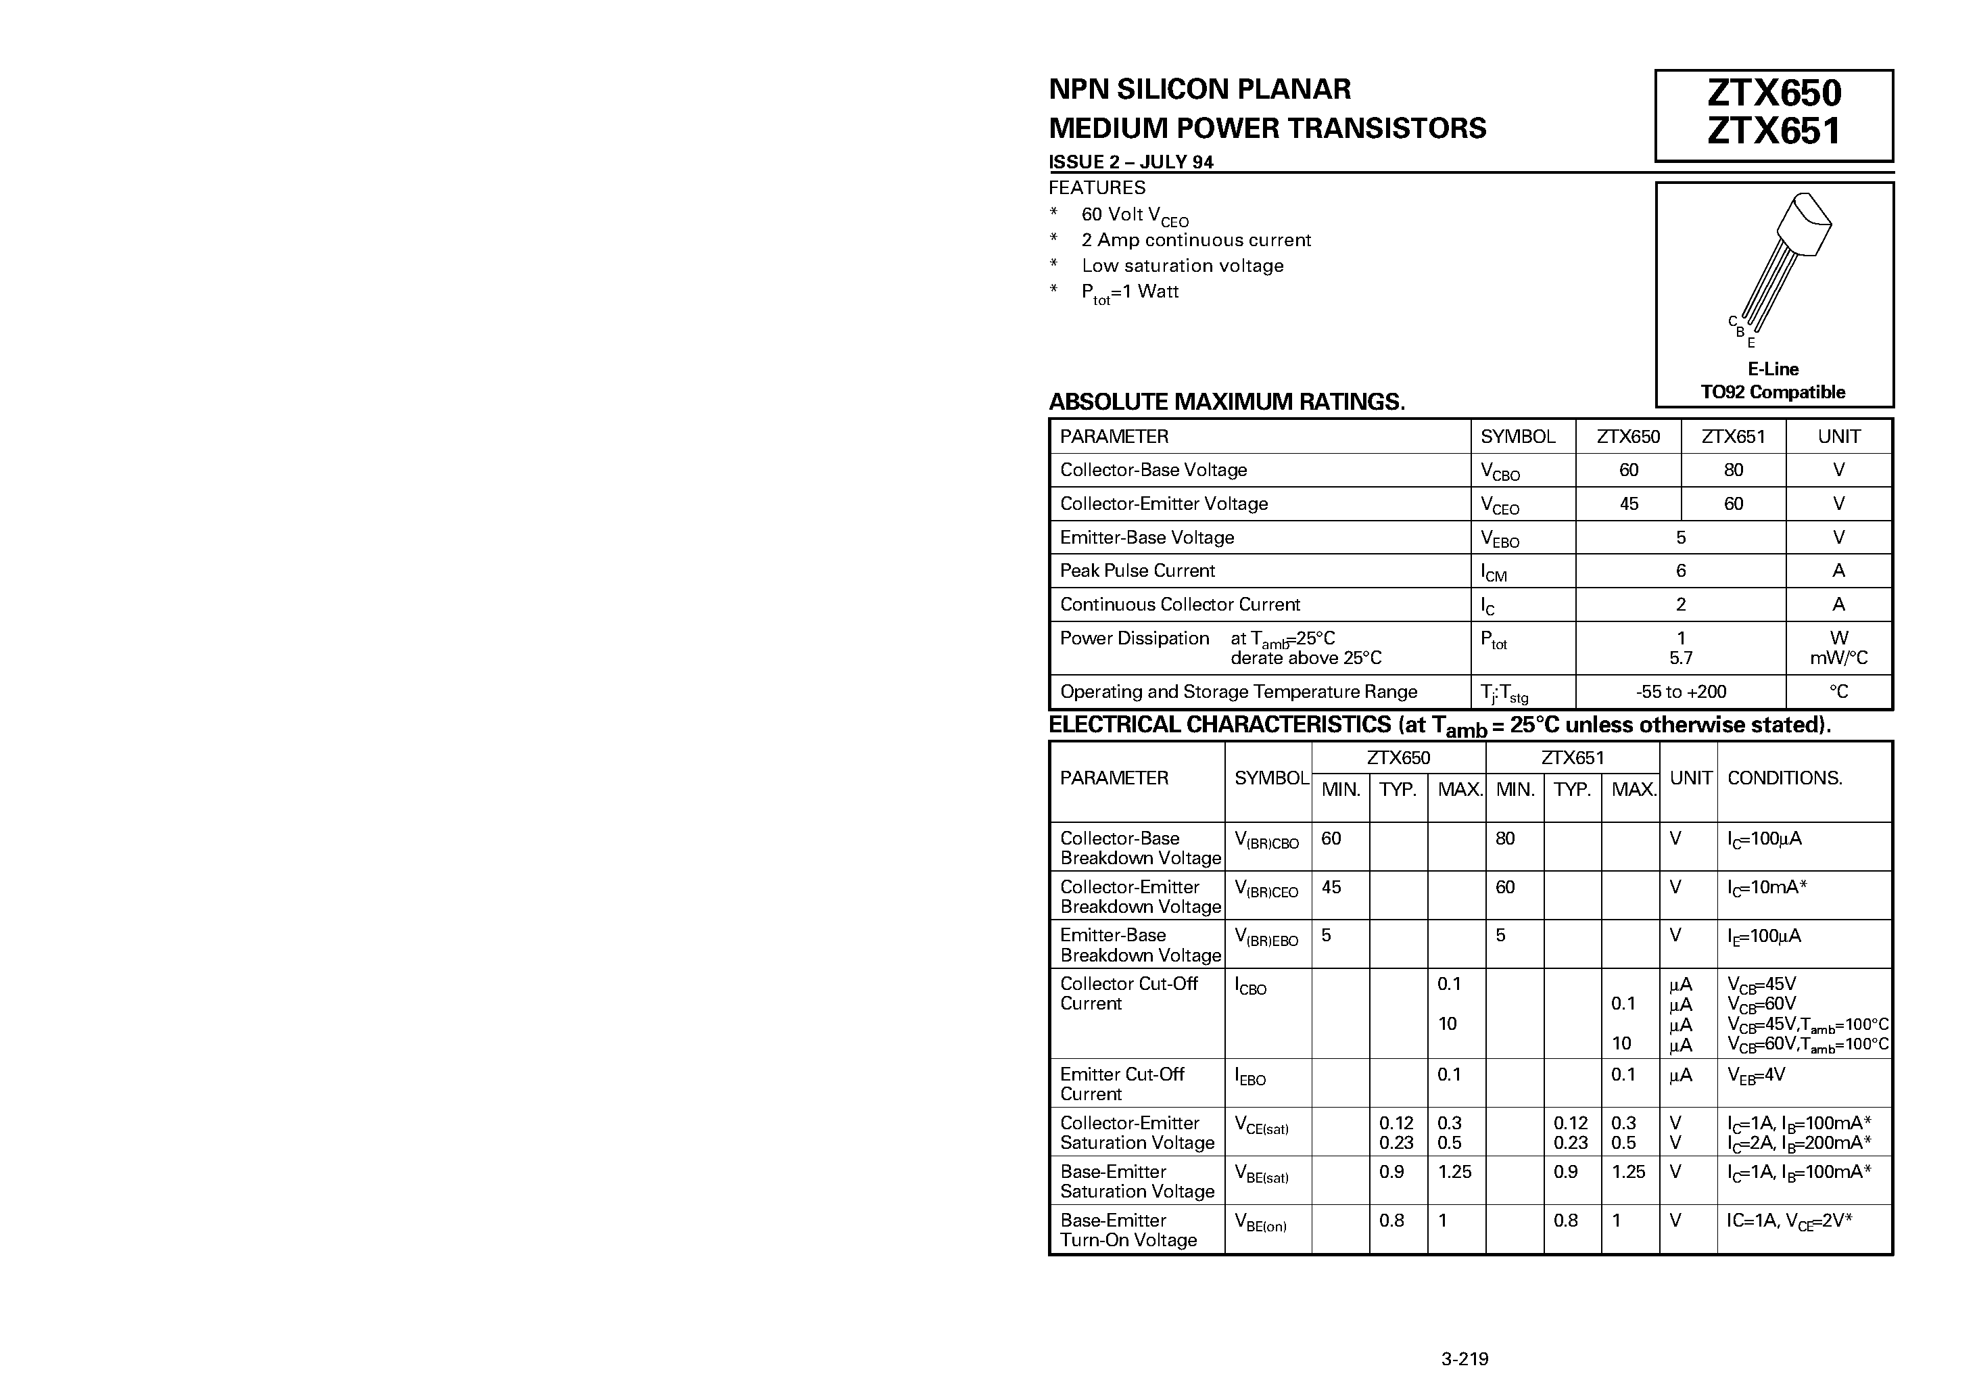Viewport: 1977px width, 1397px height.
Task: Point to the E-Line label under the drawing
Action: [x=1773, y=369]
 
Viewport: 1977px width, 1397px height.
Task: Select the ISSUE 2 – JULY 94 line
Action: [x=1130, y=162]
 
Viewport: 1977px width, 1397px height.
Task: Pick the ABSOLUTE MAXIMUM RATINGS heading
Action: [x=1226, y=402]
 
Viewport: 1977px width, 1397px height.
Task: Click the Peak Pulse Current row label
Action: [x=1137, y=571]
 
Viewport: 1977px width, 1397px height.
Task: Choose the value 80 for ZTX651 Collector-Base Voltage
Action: [x=1734, y=470]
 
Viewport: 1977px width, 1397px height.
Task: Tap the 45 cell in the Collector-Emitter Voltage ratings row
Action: [x=1628, y=504]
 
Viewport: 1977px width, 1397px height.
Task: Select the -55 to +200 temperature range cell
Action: [x=1681, y=692]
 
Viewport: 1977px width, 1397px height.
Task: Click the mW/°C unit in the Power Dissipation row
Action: [x=1838, y=659]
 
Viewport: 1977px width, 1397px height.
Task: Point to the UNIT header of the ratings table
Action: [x=1838, y=437]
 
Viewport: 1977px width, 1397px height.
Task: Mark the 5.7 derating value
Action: [x=1681, y=659]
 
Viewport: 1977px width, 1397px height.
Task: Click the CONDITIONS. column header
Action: [x=1784, y=778]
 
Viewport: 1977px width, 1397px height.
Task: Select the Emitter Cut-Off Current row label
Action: [x=1122, y=1083]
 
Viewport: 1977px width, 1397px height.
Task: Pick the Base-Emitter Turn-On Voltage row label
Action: [x=1128, y=1230]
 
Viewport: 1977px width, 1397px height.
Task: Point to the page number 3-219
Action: [x=1464, y=1359]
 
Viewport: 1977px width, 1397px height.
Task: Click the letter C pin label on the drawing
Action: [x=1732, y=321]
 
